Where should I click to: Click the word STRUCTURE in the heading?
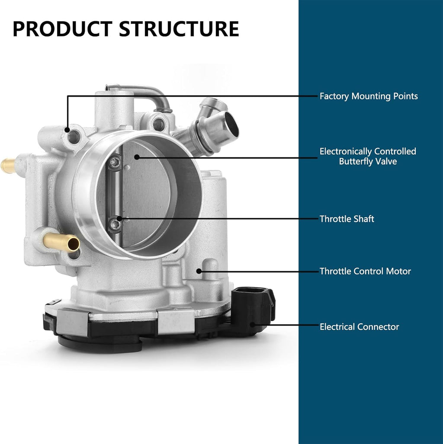179,29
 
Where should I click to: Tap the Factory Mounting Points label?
369,96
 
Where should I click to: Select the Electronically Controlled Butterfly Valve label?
368,157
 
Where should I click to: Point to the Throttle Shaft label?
347,219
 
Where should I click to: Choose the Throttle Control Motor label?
365,271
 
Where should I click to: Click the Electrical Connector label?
359,327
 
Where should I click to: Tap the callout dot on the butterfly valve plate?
137,157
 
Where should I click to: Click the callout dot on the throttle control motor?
199,271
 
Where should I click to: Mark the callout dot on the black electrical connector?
253,325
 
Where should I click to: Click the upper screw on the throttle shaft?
115,163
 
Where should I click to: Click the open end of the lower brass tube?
74,244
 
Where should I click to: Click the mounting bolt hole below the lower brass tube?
74,254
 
